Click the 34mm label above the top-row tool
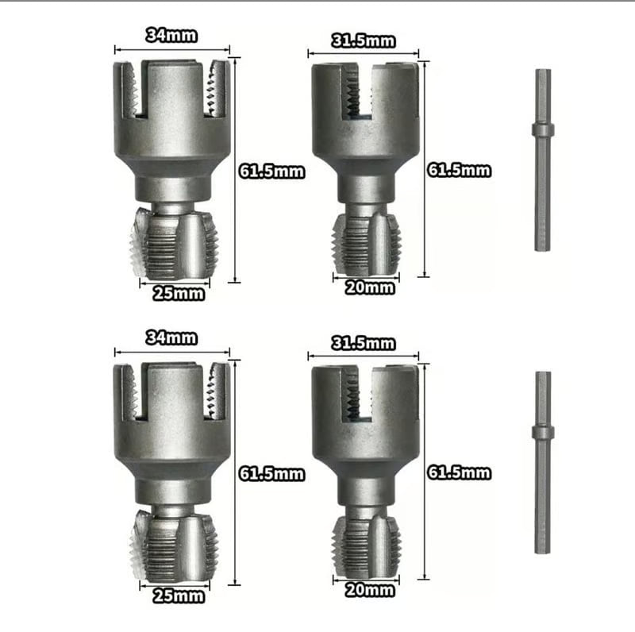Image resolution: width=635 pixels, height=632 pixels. pyautogui.click(x=171, y=35)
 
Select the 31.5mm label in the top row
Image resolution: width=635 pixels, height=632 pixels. pyautogui.click(x=363, y=40)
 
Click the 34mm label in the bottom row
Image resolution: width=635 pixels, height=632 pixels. pyautogui.click(x=171, y=337)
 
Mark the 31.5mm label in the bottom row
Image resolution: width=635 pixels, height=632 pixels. pyautogui.click(x=363, y=343)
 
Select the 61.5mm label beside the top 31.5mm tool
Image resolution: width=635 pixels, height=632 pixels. pyautogui.click(x=459, y=170)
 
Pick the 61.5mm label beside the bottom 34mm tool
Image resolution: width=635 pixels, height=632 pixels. pyautogui.click(x=271, y=474)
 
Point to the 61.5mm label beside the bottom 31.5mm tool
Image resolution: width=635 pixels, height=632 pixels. pyautogui.click(x=459, y=473)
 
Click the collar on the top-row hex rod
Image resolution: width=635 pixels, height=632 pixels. pyautogui.click(x=542, y=130)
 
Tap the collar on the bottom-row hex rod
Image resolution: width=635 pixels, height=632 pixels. pyautogui.click(x=542, y=432)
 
